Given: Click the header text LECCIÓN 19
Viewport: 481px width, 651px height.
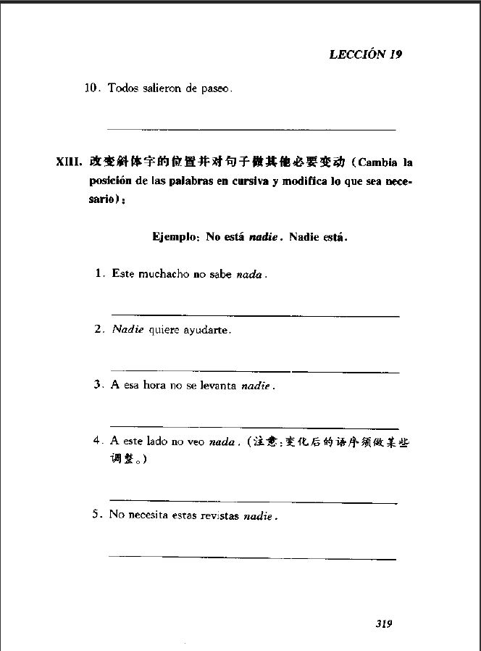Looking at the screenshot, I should tap(365, 54).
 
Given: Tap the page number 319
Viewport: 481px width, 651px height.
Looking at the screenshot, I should tap(384, 623).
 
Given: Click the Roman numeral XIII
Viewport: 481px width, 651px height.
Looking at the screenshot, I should tap(69, 162).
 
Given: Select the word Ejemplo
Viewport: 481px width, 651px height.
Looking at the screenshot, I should tap(175, 236).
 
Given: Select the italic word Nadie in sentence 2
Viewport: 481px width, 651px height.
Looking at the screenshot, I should tap(128, 330).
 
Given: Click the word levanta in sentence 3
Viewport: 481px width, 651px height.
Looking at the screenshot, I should tap(218, 386).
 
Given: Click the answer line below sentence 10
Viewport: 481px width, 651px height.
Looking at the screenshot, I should tap(251, 129).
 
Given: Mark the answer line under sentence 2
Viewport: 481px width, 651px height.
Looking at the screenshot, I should tap(254, 372).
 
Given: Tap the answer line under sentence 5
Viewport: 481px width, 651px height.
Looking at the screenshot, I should tap(252, 558).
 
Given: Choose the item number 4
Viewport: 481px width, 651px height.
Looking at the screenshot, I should tap(97, 441).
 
